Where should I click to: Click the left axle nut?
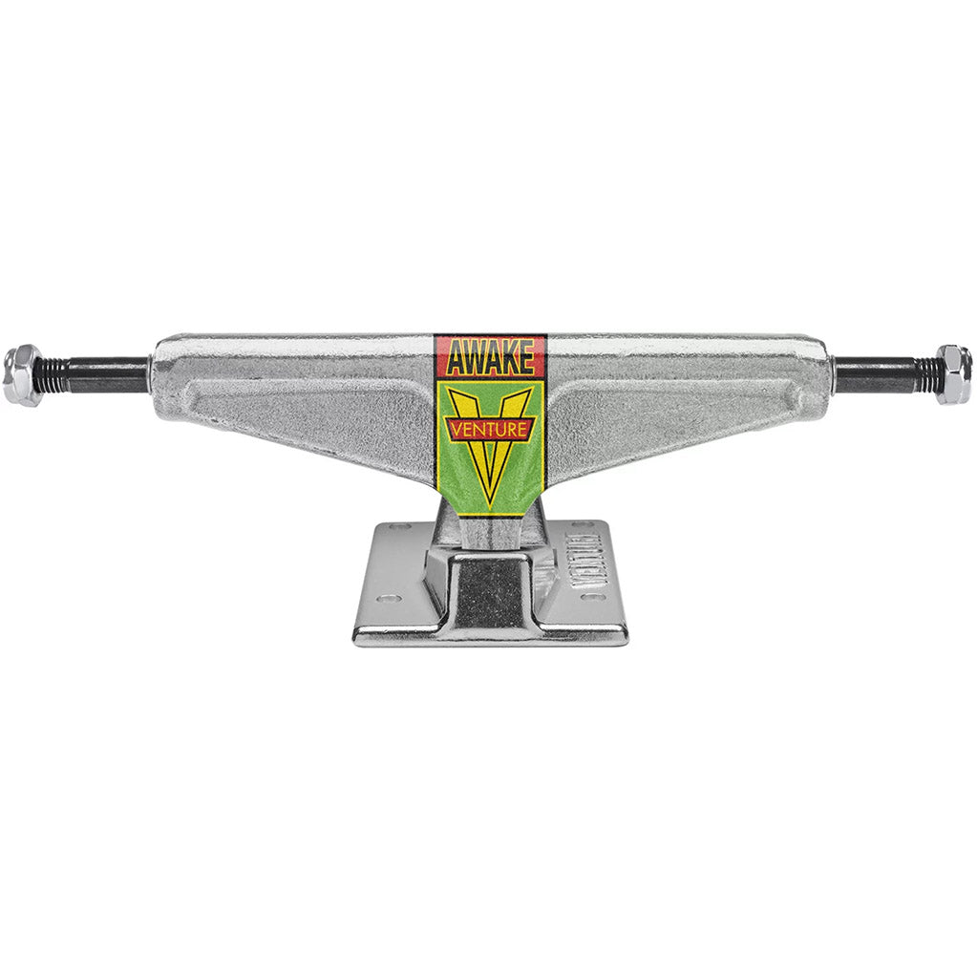pyautogui.click(x=21, y=375)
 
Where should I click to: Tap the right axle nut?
pyautogui.click(x=953, y=374)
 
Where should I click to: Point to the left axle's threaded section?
pyautogui.click(x=53, y=375)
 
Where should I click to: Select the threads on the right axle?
pyautogui.click(x=925, y=374)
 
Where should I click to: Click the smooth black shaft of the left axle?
pyautogui.click(x=105, y=375)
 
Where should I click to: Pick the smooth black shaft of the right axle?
pyautogui.click(x=869, y=374)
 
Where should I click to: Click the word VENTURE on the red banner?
pyautogui.click(x=490, y=430)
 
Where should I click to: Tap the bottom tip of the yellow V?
pyautogui.click(x=490, y=499)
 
